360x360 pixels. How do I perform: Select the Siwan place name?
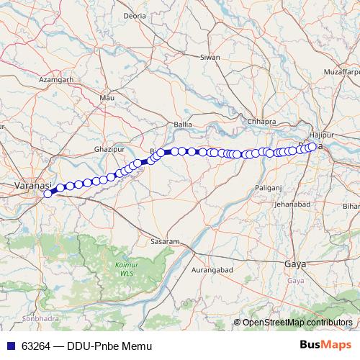tap(210, 56)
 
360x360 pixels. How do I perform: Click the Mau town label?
tap(108, 96)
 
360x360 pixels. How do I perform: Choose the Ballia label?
tap(183, 124)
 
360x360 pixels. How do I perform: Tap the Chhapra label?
tap(261, 121)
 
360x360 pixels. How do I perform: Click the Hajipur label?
tap(318, 135)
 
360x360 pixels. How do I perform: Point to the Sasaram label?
tap(165, 240)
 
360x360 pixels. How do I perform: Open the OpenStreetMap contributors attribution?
tap(297, 322)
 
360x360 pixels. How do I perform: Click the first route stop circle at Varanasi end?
tap(48, 193)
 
